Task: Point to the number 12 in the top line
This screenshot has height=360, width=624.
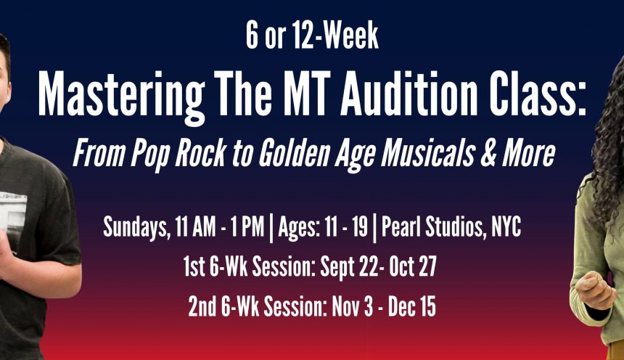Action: click(303, 36)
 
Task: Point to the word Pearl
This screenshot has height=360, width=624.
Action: click(400, 227)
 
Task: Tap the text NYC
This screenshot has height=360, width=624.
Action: click(506, 227)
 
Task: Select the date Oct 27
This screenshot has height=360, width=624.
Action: click(413, 266)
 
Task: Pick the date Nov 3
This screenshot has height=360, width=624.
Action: click(352, 306)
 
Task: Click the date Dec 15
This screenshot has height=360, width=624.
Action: click(412, 306)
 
